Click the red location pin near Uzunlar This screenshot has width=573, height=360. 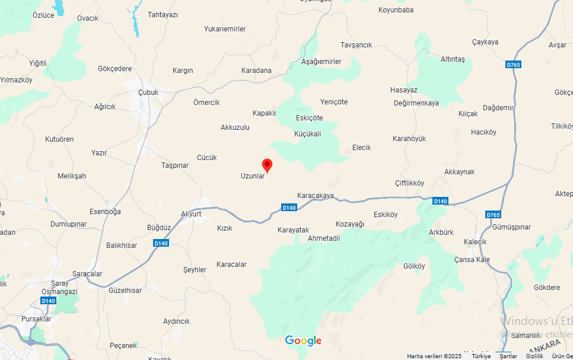[267, 165]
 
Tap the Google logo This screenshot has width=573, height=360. [303, 340]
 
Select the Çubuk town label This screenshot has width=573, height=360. [148, 93]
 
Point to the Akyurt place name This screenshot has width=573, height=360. [192, 214]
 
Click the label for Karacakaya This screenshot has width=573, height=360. [316, 196]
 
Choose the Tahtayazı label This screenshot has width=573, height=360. [163, 14]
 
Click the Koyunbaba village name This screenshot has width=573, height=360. [396, 10]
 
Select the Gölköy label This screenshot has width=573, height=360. [414, 266]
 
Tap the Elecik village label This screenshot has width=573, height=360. [361, 148]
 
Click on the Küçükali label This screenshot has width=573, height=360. [307, 134]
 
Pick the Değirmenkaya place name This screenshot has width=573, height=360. [416, 103]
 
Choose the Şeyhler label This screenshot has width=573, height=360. [195, 270]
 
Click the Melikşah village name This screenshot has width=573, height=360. [72, 176]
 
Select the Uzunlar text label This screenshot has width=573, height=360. [252, 176]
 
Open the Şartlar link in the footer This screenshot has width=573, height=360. [508, 356]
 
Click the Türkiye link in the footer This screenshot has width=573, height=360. [481, 356]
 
